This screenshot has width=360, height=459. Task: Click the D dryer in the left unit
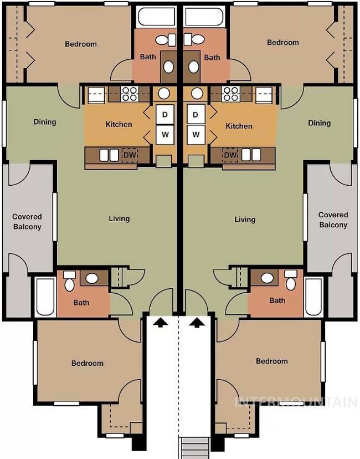(165, 114)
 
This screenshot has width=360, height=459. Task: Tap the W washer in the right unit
(196, 135)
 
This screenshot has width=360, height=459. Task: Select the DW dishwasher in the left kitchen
(130, 155)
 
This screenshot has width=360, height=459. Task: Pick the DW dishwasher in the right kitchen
(230, 155)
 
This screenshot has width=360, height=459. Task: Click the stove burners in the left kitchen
(130, 94)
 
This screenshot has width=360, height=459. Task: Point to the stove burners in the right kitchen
(230, 94)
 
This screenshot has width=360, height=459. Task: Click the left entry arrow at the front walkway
(161, 323)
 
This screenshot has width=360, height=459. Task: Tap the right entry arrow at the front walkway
(198, 323)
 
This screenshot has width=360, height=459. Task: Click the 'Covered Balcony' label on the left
(27, 222)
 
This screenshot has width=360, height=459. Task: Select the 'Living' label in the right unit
(245, 220)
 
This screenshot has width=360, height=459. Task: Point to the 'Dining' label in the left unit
(45, 122)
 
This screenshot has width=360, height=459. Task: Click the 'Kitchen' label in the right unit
(239, 126)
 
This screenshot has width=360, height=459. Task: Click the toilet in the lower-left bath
(69, 281)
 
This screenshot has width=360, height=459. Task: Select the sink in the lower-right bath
(267, 278)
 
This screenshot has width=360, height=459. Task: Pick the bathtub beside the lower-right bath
(314, 297)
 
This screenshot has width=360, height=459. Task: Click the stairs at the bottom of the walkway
(196, 448)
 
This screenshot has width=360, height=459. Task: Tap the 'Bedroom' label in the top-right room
(283, 43)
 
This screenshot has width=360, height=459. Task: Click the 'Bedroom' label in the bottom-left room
(88, 363)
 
